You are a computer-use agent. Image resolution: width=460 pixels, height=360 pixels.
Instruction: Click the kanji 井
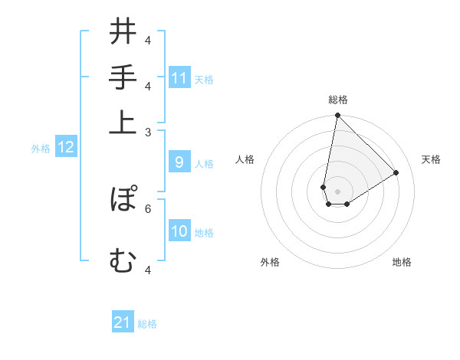pos(123,34)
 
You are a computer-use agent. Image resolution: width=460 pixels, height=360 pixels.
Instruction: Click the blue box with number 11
pos(179,78)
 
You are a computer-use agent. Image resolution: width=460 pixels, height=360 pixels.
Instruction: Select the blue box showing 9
pos(179,162)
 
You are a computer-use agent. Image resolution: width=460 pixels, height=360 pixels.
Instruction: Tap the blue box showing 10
pos(179,231)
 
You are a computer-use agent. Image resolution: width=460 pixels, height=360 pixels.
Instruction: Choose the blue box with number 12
pos(66,148)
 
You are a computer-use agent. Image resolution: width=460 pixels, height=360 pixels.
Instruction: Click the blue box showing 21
pos(123,322)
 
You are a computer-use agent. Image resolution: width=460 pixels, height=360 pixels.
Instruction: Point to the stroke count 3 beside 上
pos(148,132)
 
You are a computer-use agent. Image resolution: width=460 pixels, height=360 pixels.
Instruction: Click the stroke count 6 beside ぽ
pos(148,208)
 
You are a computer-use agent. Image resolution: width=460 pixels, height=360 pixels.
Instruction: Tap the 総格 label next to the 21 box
pos(147,324)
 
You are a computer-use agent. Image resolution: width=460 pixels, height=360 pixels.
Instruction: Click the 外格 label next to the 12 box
pos(41,149)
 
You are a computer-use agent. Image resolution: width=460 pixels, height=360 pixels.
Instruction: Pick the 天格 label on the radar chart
pos(431,160)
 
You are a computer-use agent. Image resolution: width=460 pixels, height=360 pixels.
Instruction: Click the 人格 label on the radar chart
pos(245,160)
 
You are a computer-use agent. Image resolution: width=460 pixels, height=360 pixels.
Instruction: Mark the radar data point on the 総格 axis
pos(337,116)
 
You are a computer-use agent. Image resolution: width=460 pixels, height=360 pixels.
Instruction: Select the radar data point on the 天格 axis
pos(396,173)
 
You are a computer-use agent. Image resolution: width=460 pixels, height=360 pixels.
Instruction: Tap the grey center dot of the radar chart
pos(337,191)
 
